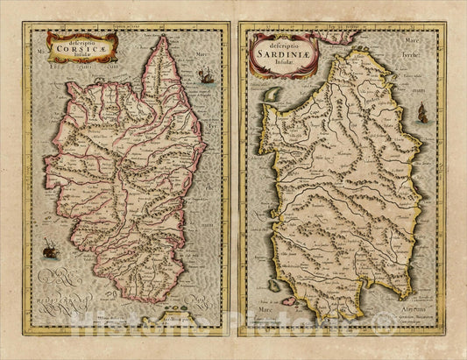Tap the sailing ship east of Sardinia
[x=422, y=111]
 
